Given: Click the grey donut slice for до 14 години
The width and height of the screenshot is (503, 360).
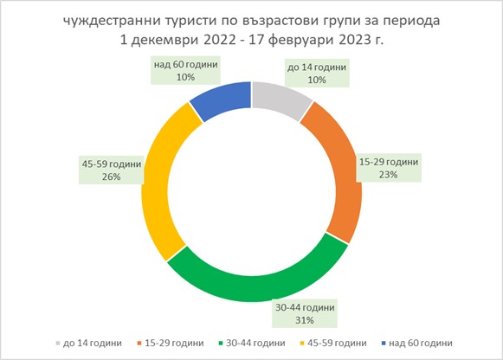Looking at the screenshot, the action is coord(279,98).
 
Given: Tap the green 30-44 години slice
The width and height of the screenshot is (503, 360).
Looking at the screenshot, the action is coord(256,282).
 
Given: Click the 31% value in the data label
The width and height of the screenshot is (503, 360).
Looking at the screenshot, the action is coord(305,320).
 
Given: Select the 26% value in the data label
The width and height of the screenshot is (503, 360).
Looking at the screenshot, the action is coord(112,177).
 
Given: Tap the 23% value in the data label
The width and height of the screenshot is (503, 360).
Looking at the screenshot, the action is coord(389,175).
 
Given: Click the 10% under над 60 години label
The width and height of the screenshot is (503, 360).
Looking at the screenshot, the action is coord(186,77).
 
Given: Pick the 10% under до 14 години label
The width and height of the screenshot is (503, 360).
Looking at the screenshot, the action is coord(317,80).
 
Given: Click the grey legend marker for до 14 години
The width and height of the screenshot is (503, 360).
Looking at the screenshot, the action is coord(58,344).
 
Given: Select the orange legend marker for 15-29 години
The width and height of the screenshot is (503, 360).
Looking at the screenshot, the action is coord(139,344).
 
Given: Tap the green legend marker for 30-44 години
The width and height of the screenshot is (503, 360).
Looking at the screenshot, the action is coord(221,344).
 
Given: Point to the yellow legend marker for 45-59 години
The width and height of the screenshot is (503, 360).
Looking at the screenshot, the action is coord(302,344).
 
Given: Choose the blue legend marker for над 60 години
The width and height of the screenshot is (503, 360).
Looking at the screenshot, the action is coord(384,344).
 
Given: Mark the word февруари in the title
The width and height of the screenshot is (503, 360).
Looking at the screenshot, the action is coord(299,41).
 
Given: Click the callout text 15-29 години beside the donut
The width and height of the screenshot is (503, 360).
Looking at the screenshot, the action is coord(389,162).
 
